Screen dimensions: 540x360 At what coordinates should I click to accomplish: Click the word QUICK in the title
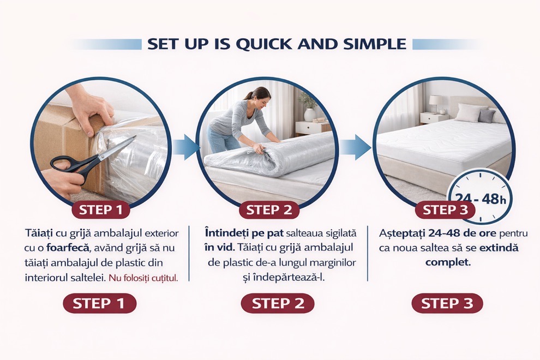pyautogui.click(x=265, y=44)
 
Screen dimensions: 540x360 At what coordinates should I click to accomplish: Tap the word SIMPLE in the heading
pyautogui.click(x=375, y=44)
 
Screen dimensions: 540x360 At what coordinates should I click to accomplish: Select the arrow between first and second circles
pyautogui.click(x=185, y=147)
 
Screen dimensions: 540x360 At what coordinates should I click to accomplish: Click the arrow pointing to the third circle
pyautogui.click(x=356, y=147)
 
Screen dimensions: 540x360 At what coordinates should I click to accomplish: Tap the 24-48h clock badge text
pyautogui.click(x=481, y=199)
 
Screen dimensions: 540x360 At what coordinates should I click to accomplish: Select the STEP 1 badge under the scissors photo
pyautogui.click(x=100, y=210)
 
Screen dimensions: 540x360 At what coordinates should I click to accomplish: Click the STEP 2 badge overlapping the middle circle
pyautogui.click(x=269, y=210)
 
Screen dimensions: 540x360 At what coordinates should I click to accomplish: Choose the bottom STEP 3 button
pyautogui.click(x=447, y=303)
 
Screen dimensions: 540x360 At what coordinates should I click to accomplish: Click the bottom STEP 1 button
pyautogui.click(x=99, y=303)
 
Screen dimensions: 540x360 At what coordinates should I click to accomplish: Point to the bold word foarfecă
pyautogui.click(x=68, y=248)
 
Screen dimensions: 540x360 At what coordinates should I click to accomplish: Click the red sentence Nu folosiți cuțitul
pyautogui.click(x=143, y=278)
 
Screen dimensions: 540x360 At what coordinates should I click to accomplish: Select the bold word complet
pyautogui.click(x=448, y=263)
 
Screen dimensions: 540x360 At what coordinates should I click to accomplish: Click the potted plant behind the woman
pyautogui.click(x=308, y=106)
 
